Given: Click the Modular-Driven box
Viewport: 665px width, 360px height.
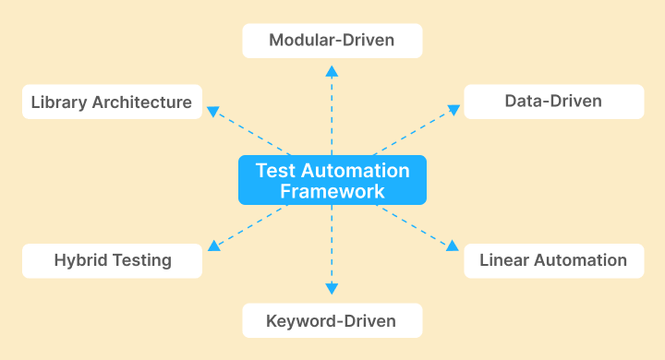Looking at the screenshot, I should click(332, 41).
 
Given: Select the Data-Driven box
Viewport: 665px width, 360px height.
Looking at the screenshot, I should click(553, 102).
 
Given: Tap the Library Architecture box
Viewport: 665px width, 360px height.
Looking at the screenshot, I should click(111, 102).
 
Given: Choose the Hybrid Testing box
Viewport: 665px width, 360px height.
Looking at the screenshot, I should click(111, 260).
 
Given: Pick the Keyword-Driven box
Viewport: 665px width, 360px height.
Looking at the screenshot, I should click(332, 321).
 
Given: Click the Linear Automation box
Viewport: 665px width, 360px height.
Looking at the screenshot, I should click(553, 260).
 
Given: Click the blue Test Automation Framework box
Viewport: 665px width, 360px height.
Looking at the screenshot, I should click(332, 180).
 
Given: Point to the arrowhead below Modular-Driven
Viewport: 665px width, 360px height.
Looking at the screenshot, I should click(332, 71).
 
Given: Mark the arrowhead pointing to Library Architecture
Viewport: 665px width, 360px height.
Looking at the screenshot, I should click(212, 111).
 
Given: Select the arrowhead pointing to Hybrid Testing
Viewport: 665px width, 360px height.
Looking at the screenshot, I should click(212, 246).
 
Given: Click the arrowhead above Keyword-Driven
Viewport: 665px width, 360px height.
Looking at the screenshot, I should click(332, 291).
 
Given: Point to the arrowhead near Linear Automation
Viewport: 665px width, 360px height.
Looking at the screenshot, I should click(453, 246).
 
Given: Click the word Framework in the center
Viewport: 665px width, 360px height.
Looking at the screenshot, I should click(332, 192).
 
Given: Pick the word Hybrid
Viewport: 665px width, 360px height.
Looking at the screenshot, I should click(80, 260).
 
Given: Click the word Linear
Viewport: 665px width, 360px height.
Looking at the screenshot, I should click(505, 260).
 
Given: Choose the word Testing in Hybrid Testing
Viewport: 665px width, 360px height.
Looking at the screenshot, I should click(140, 260).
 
